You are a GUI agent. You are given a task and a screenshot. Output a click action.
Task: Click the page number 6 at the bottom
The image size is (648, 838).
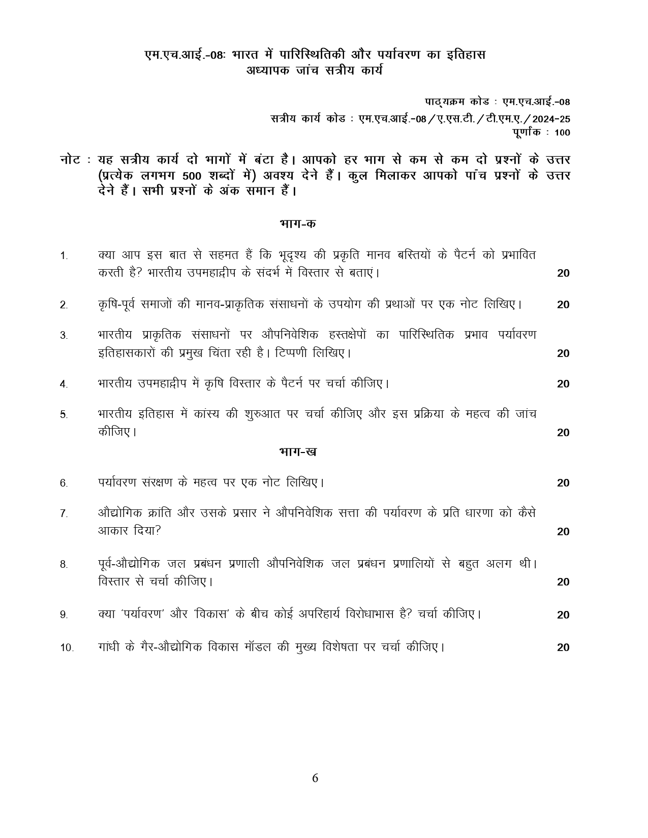(315, 778)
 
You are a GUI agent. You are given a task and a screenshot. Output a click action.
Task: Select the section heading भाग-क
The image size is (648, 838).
(298, 223)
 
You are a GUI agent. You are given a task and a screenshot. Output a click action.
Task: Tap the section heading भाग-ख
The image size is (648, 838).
(298, 452)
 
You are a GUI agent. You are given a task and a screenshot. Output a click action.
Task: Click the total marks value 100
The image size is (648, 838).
(563, 133)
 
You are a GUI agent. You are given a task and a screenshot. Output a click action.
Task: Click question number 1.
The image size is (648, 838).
(64, 256)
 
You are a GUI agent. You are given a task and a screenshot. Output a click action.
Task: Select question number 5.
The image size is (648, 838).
(64, 414)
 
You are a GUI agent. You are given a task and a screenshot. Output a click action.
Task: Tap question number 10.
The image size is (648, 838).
(67, 648)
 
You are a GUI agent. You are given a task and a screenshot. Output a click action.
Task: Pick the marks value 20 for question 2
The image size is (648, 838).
(563, 305)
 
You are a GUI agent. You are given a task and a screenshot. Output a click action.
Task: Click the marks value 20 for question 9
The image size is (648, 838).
(563, 615)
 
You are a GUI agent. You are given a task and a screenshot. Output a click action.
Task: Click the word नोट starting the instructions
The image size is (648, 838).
(70, 160)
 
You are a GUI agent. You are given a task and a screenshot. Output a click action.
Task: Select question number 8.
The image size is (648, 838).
(64, 564)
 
